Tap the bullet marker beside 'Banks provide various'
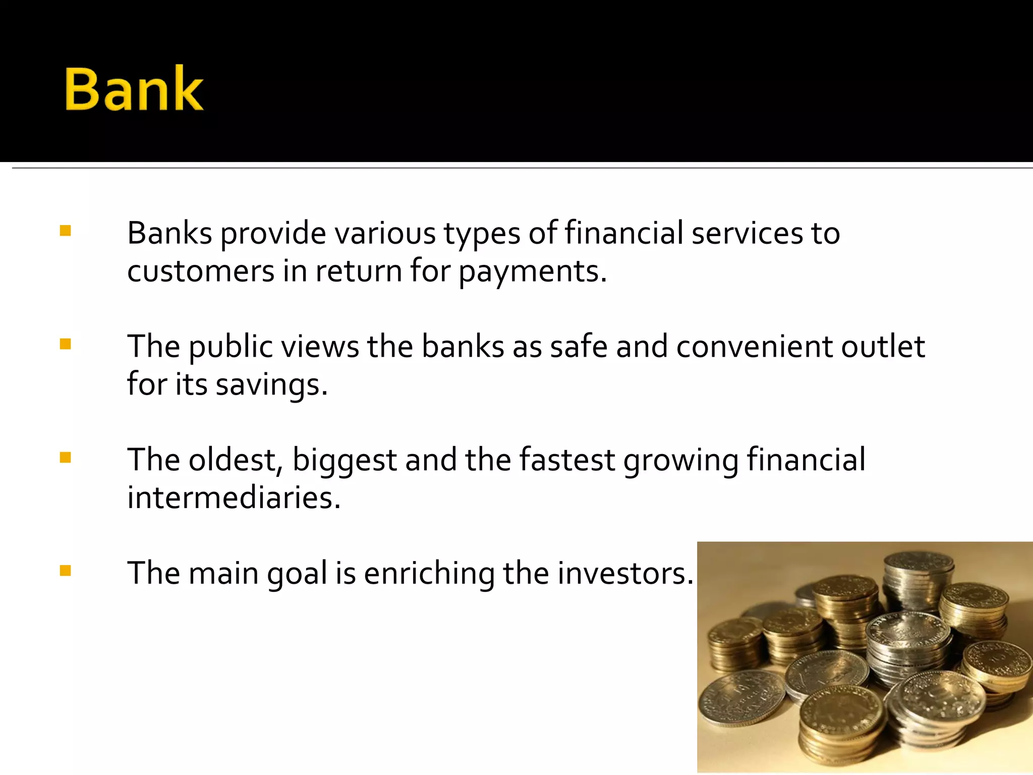click(65, 231)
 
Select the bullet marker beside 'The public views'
click(65, 344)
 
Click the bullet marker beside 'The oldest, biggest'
click(65, 457)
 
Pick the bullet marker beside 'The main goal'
click(65, 571)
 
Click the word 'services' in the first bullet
click(747, 233)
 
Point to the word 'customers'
click(201, 271)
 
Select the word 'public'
click(231, 348)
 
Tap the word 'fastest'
click(567, 460)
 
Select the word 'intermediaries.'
click(234, 497)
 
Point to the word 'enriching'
click(429, 574)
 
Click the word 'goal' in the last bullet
click(297, 574)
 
